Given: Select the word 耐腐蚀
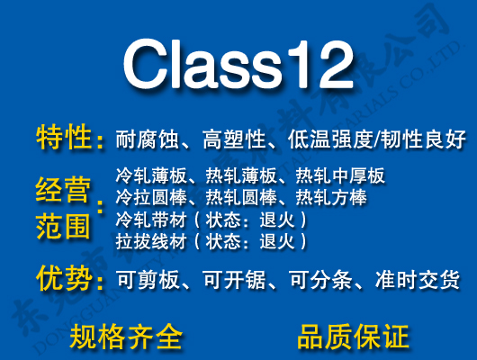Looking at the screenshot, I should pos(145,139).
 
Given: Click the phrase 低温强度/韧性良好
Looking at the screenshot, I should pos(377,139).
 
